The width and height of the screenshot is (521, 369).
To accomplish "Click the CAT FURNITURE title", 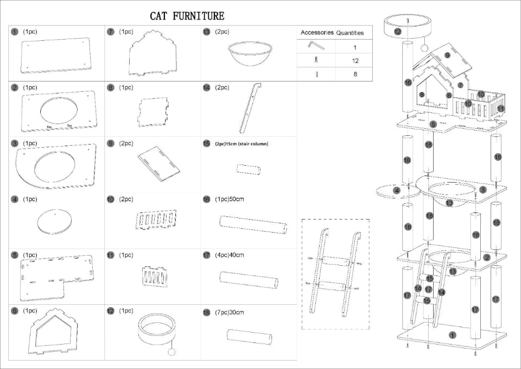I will [187, 16].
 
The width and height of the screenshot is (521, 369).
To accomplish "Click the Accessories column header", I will [316, 33].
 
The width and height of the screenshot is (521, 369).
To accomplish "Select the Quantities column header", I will [350, 33].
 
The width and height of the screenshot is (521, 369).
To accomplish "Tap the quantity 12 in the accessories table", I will [355, 61].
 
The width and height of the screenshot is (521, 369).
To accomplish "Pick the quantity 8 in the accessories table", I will [355, 74].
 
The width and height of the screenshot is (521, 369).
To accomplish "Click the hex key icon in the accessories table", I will [316, 46].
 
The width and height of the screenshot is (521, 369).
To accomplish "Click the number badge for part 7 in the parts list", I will [111, 32].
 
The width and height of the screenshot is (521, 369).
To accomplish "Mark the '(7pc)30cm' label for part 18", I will [230, 312].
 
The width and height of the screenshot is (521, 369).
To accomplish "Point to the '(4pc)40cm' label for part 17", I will [230, 255].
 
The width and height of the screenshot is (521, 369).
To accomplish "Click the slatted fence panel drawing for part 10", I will [156, 221].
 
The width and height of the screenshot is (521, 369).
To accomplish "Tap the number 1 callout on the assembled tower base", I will [453, 335].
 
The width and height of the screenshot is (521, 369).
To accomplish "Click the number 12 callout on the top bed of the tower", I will [398, 32].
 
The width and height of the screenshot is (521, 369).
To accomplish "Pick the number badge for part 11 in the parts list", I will [111, 255].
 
